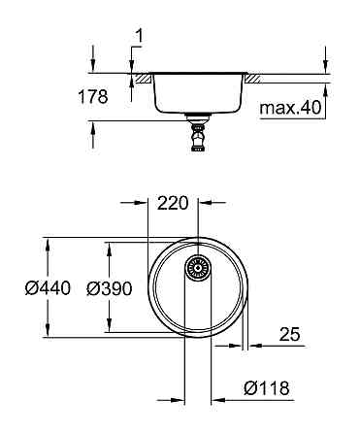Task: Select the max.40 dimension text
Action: [291, 108]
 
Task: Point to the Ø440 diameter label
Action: [44, 288]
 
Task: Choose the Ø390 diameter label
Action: [107, 288]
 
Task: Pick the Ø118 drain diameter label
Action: [266, 387]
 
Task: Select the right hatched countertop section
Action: [255, 77]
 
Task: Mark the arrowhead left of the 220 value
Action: [141, 203]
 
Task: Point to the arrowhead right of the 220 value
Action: [204, 203]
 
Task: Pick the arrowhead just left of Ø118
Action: [219, 398]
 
